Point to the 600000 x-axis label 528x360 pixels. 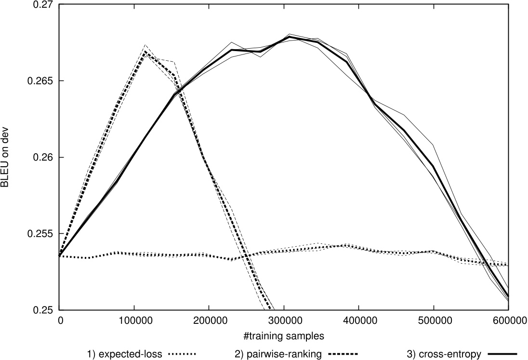pos(508,320)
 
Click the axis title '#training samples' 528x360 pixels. pos(284,334)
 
